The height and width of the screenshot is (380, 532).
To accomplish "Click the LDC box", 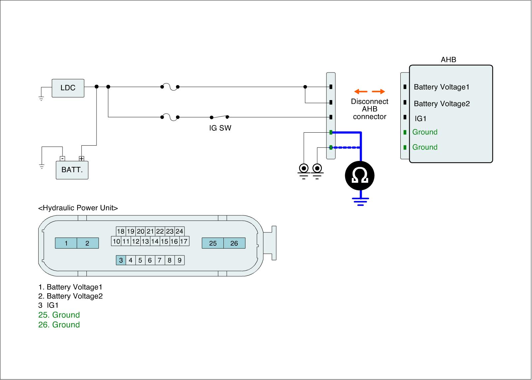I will [68, 88].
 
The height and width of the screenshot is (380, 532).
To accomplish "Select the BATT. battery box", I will [72, 170].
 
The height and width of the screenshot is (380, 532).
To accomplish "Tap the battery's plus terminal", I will [81, 159].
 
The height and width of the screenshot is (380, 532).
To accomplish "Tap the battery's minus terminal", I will [62, 159].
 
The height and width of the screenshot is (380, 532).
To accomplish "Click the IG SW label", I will [220, 128].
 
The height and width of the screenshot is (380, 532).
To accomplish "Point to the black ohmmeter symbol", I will [360, 176].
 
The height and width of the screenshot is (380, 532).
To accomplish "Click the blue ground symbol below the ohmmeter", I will [360, 201].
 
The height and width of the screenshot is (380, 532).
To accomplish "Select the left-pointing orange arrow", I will [360, 91].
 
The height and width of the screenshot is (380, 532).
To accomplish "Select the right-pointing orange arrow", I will [378, 91].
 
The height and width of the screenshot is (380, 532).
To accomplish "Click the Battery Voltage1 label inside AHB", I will [441, 87].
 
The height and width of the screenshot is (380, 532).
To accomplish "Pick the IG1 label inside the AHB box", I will [421, 119].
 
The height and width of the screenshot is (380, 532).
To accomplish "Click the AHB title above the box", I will [448, 60].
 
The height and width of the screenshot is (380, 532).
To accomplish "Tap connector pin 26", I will [234, 243].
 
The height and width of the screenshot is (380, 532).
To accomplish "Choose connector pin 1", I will [66, 243].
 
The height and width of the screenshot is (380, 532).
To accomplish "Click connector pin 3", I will [121, 260].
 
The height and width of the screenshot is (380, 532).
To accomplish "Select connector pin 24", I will [179, 231].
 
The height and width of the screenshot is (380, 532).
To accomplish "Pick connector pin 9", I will [180, 260].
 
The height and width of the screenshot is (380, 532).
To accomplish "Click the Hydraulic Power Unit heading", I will [78, 208].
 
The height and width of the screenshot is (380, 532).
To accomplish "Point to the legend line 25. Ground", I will [59, 315].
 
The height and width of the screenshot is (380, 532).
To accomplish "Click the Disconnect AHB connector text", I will [369, 109].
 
